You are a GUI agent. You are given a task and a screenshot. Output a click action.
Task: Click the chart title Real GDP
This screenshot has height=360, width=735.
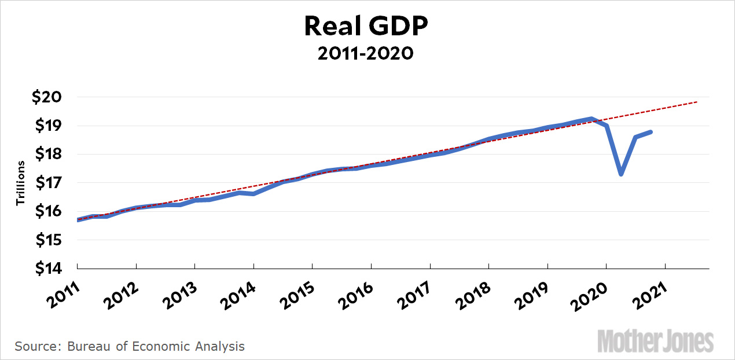point(367,27)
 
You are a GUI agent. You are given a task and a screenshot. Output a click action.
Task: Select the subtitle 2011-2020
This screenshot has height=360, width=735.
point(367,54)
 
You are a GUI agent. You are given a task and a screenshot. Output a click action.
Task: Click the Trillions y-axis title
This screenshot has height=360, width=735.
point(20,183)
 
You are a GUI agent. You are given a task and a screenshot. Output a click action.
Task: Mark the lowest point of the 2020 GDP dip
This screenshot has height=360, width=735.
point(621,174)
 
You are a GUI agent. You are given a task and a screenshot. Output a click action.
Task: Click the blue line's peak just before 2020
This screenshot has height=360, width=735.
point(591,119)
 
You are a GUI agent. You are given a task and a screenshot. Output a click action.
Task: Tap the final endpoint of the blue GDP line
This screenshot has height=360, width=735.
point(651,132)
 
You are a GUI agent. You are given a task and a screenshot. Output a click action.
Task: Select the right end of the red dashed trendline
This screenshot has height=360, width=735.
point(697,102)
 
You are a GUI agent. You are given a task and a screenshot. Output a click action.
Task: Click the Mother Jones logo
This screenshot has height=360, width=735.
point(655,341)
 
